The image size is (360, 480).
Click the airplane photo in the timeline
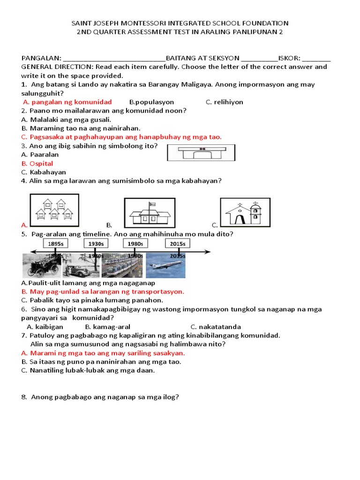click(x=165, y=265)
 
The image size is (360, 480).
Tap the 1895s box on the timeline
click(x=57, y=244)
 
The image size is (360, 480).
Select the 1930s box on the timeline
click(x=96, y=244)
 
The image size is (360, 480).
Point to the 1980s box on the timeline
click(x=136, y=244)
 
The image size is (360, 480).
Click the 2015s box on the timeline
click(x=178, y=244)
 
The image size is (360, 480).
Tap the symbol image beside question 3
click(x=201, y=153)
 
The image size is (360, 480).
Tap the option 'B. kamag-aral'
click(x=108, y=327)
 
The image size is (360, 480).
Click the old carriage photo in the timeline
click(x=41, y=265)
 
